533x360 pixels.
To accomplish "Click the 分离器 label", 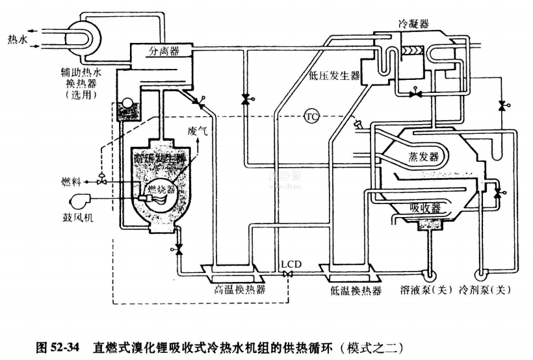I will [164, 50].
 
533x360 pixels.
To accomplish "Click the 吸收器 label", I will [426, 208].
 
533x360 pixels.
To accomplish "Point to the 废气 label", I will [197, 131].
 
